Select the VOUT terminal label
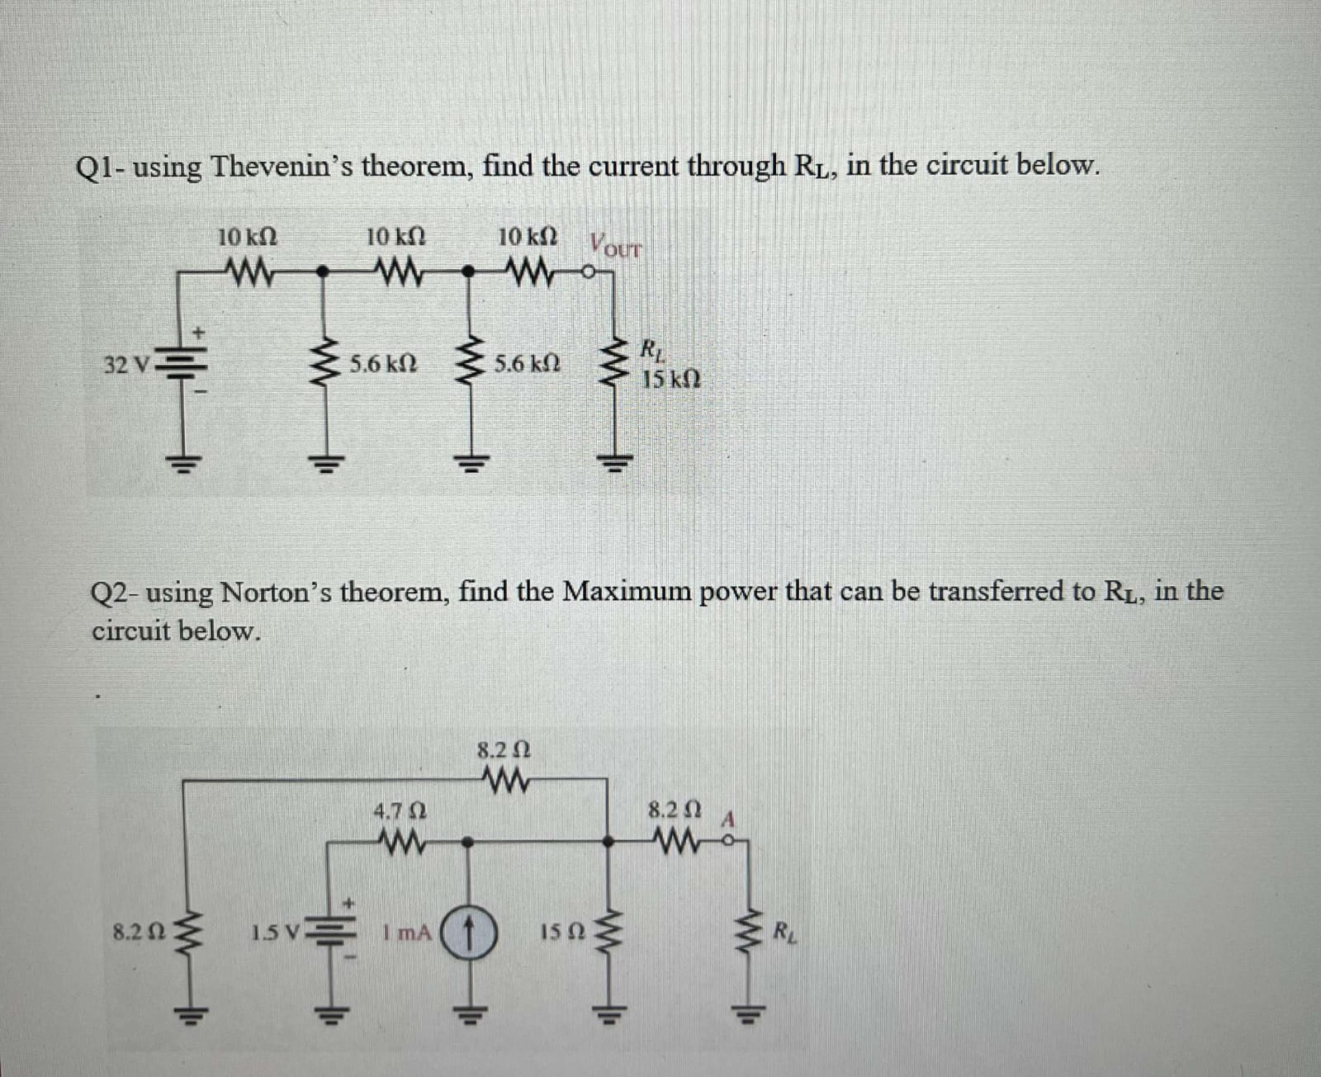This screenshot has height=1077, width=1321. click(615, 246)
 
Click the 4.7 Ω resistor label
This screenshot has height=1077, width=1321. click(400, 810)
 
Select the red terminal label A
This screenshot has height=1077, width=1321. click(729, 820)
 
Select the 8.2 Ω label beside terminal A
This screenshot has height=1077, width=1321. click(675, 810)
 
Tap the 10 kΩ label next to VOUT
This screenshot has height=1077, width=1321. click(528, 237)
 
